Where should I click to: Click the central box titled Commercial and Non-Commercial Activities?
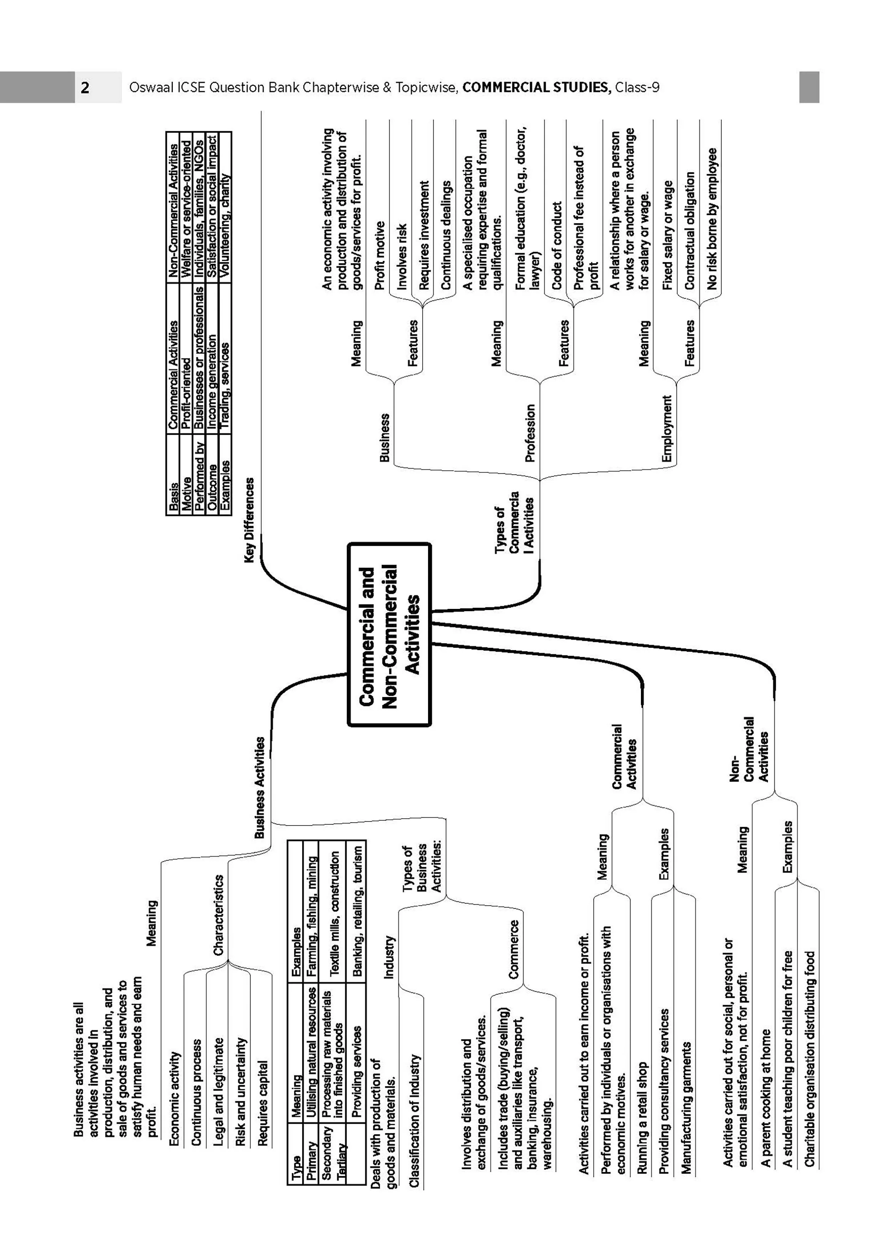tap(389, 634)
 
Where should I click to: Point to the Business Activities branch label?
tap(259, 788)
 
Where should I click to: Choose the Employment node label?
tap(667, 429)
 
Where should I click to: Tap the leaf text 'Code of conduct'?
tap(557, 245)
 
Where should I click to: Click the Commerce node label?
tap(514, 949)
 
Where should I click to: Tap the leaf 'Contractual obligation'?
tap(689, 231)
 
